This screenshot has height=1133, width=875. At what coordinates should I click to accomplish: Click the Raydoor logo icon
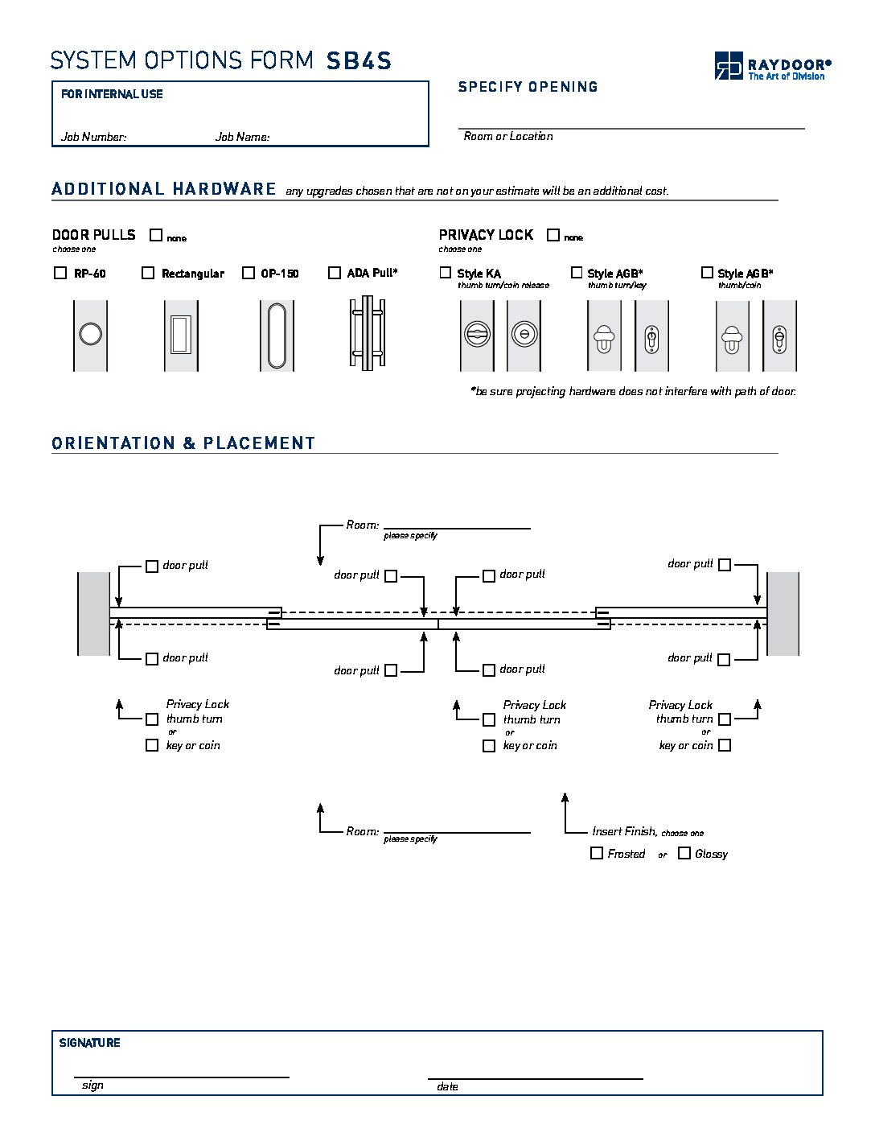(729, 65)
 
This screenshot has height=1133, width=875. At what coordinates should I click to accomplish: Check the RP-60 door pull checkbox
(60, 273)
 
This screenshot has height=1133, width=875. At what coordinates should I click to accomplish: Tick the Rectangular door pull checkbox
(148, 273)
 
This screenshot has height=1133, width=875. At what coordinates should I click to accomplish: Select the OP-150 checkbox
(249, 273)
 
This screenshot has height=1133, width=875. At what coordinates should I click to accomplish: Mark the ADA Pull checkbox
(335, 273)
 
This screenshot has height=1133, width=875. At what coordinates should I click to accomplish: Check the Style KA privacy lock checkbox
(446, 273)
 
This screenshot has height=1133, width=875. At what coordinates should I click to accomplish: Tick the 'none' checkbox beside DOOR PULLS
(156, 235)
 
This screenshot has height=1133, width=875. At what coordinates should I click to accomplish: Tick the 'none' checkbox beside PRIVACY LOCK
(553, 235)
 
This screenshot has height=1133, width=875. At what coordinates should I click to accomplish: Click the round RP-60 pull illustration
(90, 334)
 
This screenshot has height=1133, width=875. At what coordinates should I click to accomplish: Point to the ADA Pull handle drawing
(367, 334)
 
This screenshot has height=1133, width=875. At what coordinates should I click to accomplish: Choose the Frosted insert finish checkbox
(597, 853)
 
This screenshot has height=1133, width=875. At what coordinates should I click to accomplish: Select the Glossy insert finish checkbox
(684, 853)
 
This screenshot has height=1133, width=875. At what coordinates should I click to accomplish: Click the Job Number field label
(94, 137)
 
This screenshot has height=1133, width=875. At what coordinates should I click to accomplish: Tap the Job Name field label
(242, 137)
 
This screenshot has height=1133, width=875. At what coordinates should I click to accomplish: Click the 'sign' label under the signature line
(92, 1086)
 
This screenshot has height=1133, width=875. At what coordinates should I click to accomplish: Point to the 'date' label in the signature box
(447, 1086)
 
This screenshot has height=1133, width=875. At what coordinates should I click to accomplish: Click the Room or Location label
(508, 136)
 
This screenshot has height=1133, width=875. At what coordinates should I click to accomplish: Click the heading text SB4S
(359, 61)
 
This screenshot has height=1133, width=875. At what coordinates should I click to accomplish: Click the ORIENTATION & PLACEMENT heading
(183, 443)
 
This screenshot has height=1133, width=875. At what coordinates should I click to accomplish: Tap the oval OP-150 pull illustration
(277, 336)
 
